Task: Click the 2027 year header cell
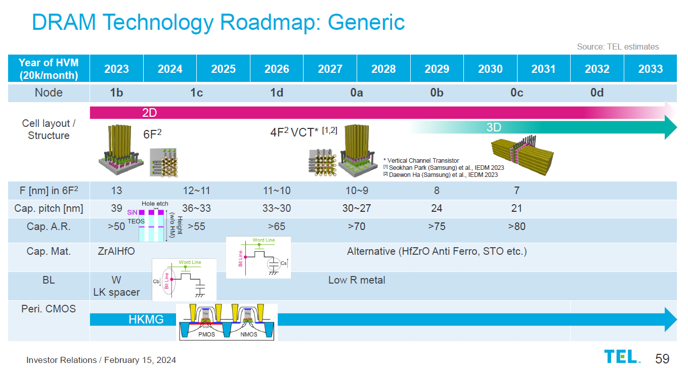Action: (330, 69)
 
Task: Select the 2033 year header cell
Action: (650, 69)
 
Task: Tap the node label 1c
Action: (196, 93)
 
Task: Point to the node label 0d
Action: (597, 93)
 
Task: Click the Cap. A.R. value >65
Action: (277, 226)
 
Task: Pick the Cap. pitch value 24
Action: (437, 208)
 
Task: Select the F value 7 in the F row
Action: (517, 191)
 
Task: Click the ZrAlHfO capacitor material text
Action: (116, 251)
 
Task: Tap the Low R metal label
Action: (357, 280)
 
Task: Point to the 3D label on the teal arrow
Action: (494, 127)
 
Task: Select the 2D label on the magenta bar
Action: (149, 113)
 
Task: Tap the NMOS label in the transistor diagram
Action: (248, 334)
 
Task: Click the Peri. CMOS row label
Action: (49, 308)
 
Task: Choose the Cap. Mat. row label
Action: (49, 251)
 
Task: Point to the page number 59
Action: (662, 358)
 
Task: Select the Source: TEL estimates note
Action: (618, 47)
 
